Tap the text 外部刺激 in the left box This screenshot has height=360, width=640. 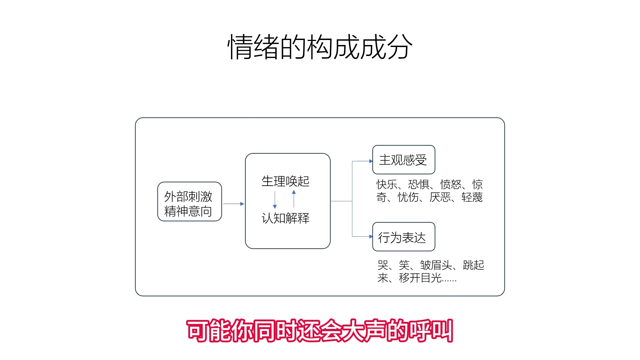pos(188,196)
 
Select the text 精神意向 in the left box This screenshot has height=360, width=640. pos(188,211)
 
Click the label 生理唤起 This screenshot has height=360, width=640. pos(286,181)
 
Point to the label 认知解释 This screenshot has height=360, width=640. pos(286,218)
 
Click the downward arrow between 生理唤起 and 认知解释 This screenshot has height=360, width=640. pos(275,200)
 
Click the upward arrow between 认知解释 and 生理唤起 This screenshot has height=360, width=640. pos(294,199)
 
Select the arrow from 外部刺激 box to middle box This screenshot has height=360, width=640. pos(233,204)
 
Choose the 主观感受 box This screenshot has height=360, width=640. pos(403,160)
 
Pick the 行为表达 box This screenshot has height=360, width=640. pos(403,237)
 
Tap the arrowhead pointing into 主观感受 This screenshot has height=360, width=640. pos(371,161)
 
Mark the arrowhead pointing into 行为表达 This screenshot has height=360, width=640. pos(371,237)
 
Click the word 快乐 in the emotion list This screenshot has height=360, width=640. pos(387,184)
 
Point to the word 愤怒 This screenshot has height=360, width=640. pos(451,184)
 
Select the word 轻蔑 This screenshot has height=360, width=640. pos(472,197)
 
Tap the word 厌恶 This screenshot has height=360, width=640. pos(440,197)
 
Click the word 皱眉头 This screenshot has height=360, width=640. pos(436,265)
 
